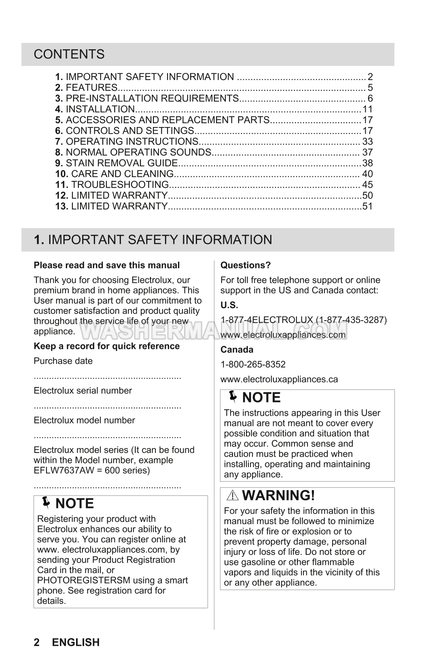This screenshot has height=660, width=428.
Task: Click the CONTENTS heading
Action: point(69,54)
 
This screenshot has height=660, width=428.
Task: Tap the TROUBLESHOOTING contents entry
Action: point(119,185)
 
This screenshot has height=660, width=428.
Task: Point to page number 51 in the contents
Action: point(367,206)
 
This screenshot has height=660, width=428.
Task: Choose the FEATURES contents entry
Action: point(91,88)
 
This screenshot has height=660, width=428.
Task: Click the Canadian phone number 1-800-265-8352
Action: point(253,364)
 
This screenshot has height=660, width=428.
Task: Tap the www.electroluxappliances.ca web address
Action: point(279,379)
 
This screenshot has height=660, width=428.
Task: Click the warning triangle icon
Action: point(233,496)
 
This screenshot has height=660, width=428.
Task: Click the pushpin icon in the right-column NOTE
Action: point(233,397)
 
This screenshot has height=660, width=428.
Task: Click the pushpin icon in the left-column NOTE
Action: point(46,503)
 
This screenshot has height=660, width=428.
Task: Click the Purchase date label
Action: point(63,361)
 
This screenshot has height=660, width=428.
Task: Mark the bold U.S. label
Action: point(229,305)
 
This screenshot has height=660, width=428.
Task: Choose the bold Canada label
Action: point(237,350)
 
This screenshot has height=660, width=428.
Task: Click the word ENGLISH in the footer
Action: point(76,643)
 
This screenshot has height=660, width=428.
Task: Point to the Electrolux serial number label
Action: point(83,391)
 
